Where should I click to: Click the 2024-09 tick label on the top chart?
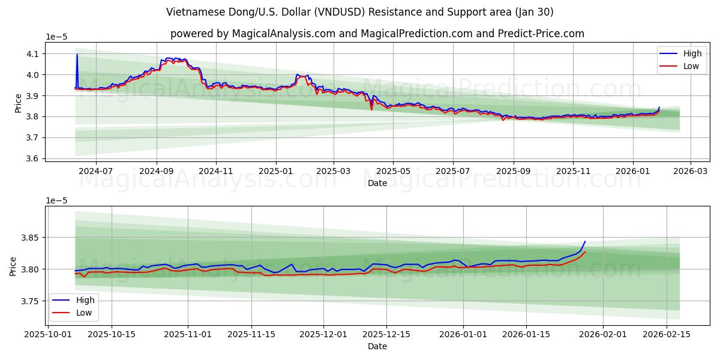coord(157,171)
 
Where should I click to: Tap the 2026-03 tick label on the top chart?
coord(690,171)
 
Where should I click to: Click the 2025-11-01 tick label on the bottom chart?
coord(188,334)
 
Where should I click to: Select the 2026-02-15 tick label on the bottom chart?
coord(667,334)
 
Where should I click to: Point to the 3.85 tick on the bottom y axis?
coord(28,238)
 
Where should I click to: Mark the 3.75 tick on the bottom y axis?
coord(28,301)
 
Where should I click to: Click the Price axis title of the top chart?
coord(19,103)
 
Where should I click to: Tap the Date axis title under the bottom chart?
coord(377,346)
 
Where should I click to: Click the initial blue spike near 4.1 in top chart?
coord(77,55)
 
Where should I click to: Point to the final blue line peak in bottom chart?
coord(585,242)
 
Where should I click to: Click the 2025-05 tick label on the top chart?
coord(393,171)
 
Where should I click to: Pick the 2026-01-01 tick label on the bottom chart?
coord(463,334)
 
